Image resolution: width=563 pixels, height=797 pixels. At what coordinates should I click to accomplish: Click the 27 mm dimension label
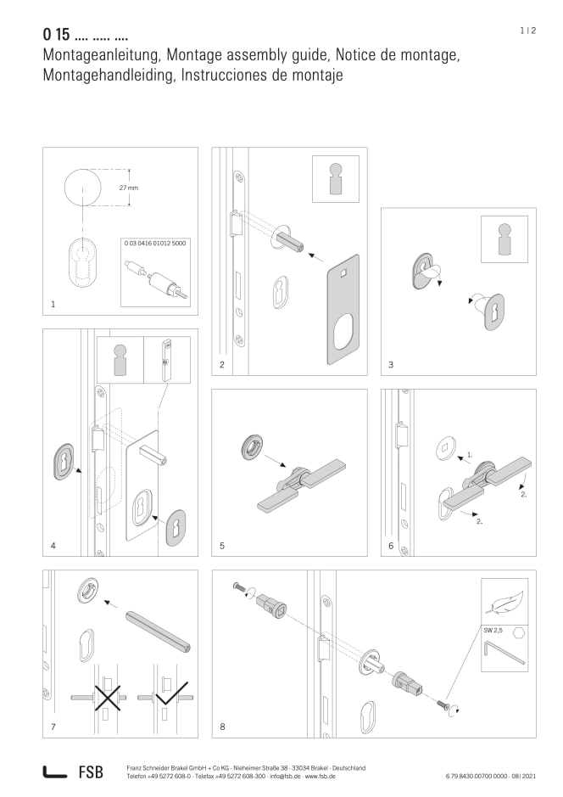(x=128, y=188)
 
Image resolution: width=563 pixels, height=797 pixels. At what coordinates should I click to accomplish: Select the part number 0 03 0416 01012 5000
(x=155, y=243)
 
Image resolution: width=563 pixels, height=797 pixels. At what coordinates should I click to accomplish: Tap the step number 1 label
(x=53, y=305)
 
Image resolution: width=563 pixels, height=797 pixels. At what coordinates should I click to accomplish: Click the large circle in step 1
(x=83, y=187)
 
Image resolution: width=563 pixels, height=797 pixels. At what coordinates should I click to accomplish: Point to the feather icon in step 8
(x=504, y=601)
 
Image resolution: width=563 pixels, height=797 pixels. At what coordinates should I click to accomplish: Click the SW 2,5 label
(x=493, y=631)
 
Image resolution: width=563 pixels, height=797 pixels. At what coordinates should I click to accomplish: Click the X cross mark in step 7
(x=108, y=696)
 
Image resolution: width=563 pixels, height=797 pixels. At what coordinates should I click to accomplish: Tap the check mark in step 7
(x=172, y=693)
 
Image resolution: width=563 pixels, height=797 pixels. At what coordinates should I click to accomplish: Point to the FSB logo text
(x=91, y=772)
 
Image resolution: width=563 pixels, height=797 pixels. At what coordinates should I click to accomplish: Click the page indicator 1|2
(x=527, y=31)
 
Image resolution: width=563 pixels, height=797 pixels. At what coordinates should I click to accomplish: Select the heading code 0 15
(x=56, y=34)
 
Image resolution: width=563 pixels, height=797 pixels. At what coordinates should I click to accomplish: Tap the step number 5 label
(x=222, y=546)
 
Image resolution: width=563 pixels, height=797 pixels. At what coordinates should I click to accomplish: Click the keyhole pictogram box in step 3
(x=504, y=239)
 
